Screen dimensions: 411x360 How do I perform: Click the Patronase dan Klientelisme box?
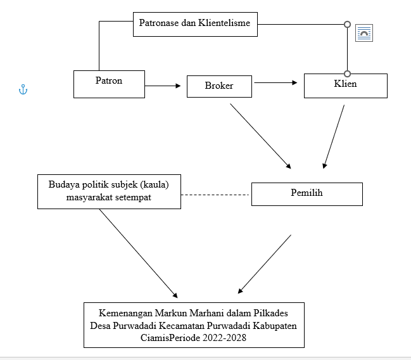[x=195, y=24]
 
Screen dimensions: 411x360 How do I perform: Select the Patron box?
[x=109, y=84]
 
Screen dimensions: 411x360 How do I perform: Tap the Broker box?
[x=219, y=86]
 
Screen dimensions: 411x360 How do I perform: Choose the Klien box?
[x=346, y=86]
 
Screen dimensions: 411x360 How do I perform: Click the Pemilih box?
[x=307, y=194]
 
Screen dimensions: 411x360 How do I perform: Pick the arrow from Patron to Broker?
[x=163, y=86]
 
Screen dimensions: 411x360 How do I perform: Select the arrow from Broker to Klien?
[x=275, y=82]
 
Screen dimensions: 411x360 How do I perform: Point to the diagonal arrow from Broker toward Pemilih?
[x=260, y=136]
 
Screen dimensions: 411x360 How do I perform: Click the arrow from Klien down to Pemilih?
[x=334, y=136]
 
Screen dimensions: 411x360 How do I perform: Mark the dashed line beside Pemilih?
[x=215, y=195]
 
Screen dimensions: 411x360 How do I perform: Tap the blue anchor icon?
[x=23, y=89]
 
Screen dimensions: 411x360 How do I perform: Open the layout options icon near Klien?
[x=364, y=33]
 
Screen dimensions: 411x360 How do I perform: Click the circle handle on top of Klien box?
[x=347, y=74]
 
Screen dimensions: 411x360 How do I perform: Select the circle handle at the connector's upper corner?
[x=347, y=25]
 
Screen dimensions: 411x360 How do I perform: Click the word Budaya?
[x=64, y=184]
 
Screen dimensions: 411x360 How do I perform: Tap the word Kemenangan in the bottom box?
[x=125, y=313]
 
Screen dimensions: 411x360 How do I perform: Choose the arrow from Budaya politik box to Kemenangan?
[x=139, y=254]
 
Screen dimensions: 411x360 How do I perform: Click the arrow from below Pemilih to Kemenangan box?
[x=265, y=264]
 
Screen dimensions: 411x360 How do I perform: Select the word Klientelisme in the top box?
[x=224, y=23]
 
